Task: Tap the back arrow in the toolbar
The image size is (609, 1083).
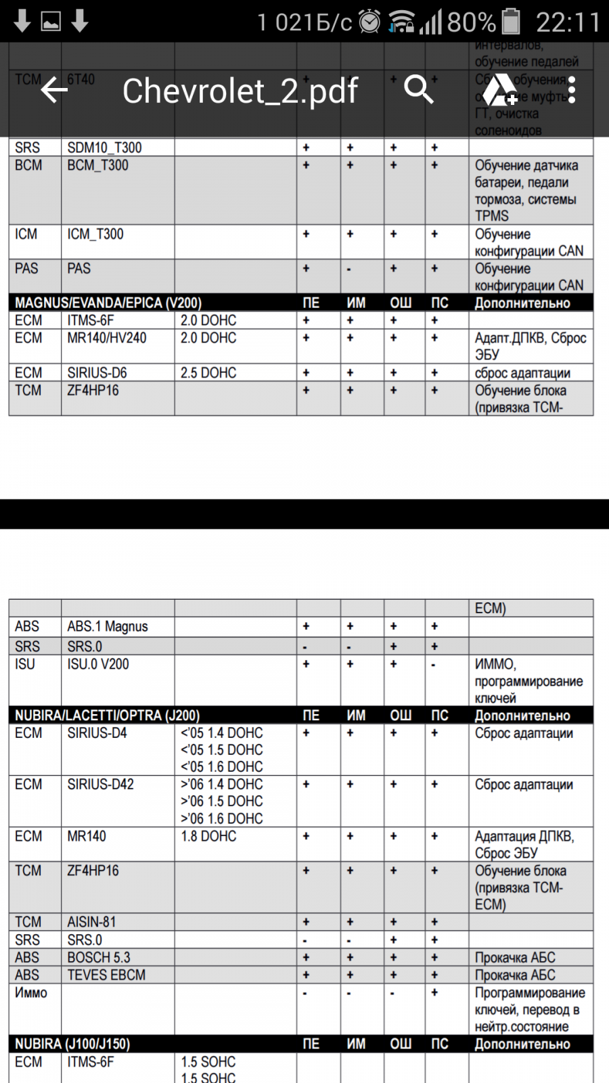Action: pos(54,89)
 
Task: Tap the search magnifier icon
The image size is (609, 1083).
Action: pos(418,89)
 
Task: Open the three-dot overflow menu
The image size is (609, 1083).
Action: pos(572,89)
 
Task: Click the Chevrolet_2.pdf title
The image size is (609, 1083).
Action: pos(240,91)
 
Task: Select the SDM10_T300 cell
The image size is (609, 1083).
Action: pos(104,148)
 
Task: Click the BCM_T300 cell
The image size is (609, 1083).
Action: pos(97,165)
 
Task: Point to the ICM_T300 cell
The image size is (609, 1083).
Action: pos(95,234)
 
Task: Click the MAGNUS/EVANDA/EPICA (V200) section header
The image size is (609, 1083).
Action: pos(108,303)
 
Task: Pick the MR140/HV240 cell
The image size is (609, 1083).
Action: pos(106,338)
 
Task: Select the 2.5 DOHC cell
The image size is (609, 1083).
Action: pos(208,373)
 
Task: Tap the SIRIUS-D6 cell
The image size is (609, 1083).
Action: pos(97,373)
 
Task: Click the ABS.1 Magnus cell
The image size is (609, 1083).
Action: pos(107,627)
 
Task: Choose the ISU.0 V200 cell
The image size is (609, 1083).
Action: pos(97,665)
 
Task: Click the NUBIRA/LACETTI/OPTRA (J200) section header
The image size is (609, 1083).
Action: pos(107,715)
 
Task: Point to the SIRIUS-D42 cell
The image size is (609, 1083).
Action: pos(100,784)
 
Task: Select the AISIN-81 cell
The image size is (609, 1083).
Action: pos(91,922)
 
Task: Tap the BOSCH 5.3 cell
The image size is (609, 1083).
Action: pos(98,958)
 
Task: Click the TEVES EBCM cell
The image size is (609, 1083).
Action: pos(106,975)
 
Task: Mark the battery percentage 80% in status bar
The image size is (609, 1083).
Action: pos(471,22)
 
